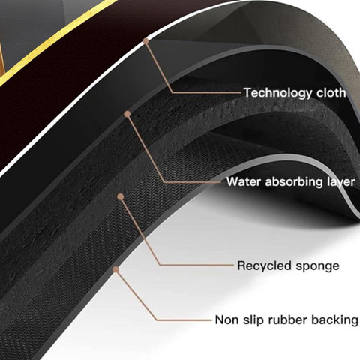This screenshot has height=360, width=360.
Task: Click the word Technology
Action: pos(277,93)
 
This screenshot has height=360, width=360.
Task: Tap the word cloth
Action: pos(331,92)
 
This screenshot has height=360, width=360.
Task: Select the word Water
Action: pos(244,181)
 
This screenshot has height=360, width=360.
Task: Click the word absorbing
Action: pos(294,181)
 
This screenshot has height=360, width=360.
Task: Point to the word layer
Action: pos(341,182)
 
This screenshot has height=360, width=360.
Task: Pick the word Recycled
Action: pos(265,265)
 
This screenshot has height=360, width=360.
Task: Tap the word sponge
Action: pos(318,266)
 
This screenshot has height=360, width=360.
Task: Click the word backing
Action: pos(334,320)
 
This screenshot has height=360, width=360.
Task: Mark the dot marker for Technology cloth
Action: pos(146,41)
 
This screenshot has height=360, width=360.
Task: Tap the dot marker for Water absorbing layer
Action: pos(127,114)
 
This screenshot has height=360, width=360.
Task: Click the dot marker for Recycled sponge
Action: pos(121,196)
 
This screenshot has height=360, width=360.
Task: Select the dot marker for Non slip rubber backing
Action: pos(115,269)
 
